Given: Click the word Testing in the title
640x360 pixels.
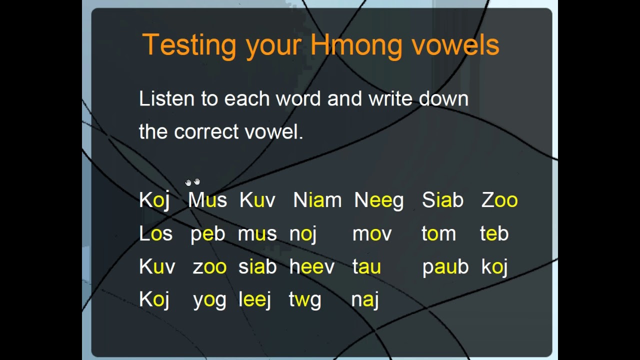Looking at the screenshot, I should point(189,45).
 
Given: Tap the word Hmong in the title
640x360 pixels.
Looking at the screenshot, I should point(356,45).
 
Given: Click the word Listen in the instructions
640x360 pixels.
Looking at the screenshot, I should point(166,98).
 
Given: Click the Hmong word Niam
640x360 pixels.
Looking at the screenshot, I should point(317,200).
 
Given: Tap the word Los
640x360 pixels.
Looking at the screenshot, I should point(155,233).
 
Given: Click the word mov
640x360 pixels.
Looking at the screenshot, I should point(372,234).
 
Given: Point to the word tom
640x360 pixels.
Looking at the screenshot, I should point(438,233).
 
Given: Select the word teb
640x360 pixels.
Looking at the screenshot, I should point(494,233).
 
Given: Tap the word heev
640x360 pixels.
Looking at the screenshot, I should point(311,267).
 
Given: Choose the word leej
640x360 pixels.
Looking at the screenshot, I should point(254,300).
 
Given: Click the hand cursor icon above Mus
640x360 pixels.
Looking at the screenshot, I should point(192,182).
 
